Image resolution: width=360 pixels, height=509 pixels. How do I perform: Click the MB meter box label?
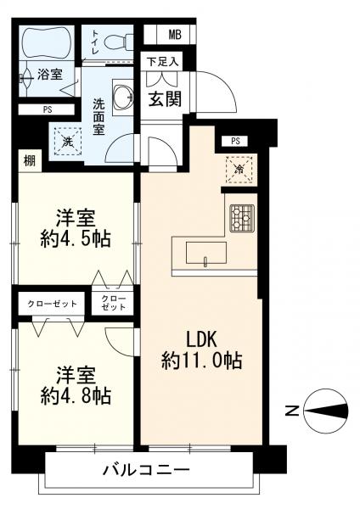[175, 35]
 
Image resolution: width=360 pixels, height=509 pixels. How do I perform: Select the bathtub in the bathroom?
[46, 42]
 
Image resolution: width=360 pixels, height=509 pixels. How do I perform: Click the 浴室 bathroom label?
[50, 75]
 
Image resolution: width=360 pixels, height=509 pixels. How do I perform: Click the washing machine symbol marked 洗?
[68, 141]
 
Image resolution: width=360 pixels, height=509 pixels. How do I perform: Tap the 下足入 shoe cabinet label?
[162, 61]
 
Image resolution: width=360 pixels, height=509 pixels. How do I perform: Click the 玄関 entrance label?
[165, 98]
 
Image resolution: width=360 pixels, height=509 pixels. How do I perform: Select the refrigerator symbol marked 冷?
[239, 170]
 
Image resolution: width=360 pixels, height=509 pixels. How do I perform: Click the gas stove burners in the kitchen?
[242, 218]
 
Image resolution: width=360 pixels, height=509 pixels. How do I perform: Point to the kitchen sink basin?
[206, 253]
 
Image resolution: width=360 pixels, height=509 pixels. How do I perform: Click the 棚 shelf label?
[30, 160]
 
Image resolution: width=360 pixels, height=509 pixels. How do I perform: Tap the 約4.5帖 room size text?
[76, 239]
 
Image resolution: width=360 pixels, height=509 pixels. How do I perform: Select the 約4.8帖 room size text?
[76, 395]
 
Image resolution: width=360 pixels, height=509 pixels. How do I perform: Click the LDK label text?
[200, 340]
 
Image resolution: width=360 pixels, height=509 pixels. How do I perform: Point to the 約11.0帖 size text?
[201, 361]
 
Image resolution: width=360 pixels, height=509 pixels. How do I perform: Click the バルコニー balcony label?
[146, 470]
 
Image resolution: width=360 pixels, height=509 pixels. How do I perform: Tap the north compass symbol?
[326, 412]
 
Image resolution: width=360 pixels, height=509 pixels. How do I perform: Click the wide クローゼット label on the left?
[52, 304]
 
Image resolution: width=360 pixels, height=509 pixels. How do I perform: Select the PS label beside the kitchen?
[235, 142]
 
